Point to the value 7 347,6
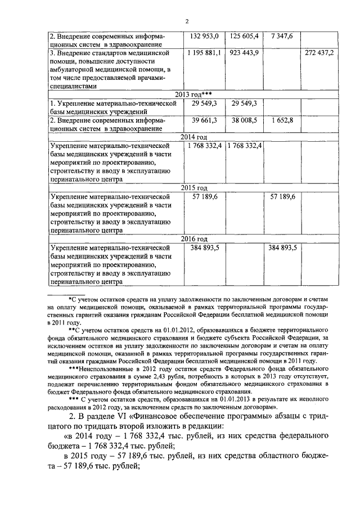coord(281,36)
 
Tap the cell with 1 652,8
coord(281,120)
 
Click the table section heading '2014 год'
coord(193,137)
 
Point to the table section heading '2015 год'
coord(193,187)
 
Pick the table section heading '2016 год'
coord(193,238)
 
